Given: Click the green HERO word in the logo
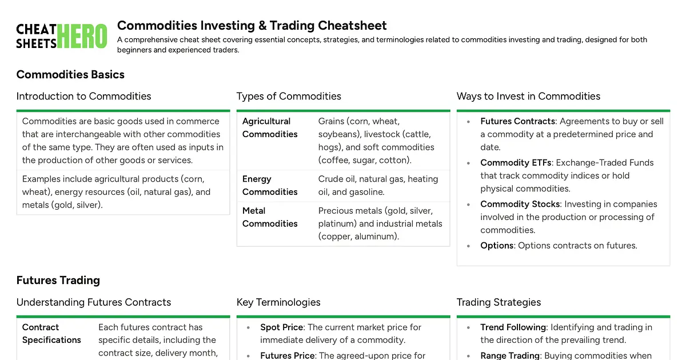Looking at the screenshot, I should coord(82,36).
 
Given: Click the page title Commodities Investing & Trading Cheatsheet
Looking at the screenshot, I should coord(252,26).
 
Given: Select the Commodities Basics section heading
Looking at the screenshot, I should coord(70,74).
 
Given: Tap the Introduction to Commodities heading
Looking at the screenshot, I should coord(83,96).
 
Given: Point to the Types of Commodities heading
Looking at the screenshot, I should coord(289,96).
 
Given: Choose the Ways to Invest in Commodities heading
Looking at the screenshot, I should coord(528,96).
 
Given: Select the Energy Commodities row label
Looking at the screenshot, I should coord(270,185).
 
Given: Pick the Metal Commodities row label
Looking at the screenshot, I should coord(270,217).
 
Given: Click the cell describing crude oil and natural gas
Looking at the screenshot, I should coord(378,185).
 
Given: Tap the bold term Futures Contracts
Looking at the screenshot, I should coord(517,121).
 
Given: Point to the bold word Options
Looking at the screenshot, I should coord(497,245).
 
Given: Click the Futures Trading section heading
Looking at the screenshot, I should coord(58,280).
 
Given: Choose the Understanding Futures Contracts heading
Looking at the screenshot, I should coord(94,302).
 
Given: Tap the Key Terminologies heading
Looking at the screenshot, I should coord(278,302).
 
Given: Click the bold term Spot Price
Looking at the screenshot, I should coord(281,327).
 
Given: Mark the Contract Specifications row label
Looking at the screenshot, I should coord(51,334).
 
